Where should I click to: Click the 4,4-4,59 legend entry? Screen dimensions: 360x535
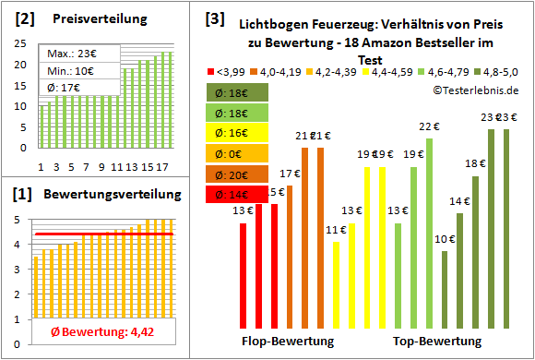[391, 70]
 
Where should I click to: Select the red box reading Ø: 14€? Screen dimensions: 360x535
[238, 194]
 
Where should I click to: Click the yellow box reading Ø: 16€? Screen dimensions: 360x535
[238, 133]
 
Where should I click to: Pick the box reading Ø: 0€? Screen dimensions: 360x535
[238, 153]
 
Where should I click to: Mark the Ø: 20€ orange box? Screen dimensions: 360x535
[238, 174]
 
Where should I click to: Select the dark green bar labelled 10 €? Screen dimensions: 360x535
[445, 289]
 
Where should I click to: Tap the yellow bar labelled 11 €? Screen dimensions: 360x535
[336, 283]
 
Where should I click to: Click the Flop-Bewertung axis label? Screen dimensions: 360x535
[288, 342]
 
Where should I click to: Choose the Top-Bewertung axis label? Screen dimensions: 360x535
[437, 342]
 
